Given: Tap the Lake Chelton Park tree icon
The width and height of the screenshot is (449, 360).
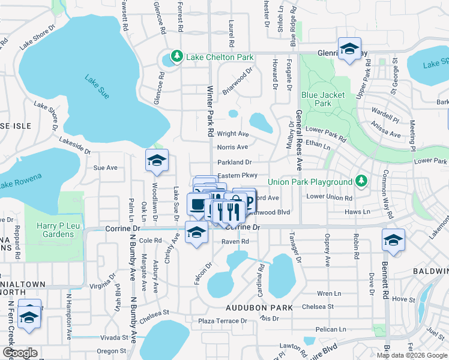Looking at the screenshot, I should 176,57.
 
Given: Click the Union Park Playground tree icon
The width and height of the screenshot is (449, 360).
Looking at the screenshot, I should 361,181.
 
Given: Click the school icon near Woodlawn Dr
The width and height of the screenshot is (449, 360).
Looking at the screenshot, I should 157,160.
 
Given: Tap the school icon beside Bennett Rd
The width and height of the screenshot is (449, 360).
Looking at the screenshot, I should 393,240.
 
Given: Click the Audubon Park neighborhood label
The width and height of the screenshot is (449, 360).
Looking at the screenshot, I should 259,308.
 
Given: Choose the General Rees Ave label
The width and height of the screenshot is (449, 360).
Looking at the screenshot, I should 299,141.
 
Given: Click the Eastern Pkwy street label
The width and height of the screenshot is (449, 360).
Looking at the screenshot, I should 238,175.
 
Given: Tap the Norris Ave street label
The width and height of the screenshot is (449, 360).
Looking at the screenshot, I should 232,147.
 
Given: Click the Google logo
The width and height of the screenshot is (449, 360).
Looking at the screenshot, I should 20,353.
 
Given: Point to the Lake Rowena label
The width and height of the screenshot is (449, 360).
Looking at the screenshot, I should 20,178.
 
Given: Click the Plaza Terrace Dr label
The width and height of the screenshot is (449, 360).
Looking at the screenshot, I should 223,321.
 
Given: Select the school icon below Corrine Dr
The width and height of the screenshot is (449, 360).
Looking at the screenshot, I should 196,233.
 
